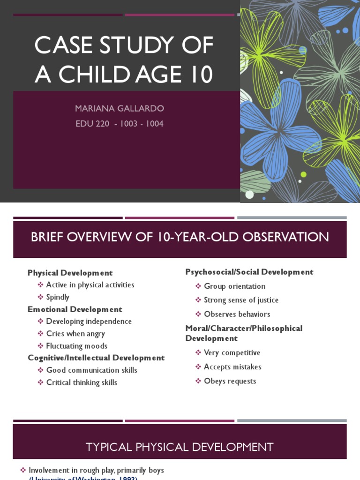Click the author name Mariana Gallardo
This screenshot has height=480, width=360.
click(x=120, y=109)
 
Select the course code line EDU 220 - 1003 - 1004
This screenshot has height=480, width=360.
click(x=120, y=124)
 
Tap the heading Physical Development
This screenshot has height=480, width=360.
click(x=70, y=273)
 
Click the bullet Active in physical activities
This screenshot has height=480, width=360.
click(x=90, y=285)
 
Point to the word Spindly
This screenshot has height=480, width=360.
click(x=58, y=297)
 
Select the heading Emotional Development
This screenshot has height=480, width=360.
click(x=75, y=309)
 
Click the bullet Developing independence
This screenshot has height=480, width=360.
click(x=89, y=322)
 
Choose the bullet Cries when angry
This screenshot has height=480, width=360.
click(x=75, y=334)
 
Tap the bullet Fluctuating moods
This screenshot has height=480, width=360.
click(x=77, y=346)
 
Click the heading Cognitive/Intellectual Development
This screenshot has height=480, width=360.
click(x=96, y=358)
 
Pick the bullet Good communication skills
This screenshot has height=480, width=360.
click(x=91, y=370)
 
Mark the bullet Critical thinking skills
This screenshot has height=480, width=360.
click(x=82, y=382)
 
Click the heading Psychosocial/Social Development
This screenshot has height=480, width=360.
click(x=249, y=272)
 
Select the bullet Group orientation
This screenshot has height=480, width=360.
click(x=234, y=286)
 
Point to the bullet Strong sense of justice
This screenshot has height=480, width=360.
click(x=241, y=300)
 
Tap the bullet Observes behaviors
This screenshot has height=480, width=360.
click(x=237, y=314)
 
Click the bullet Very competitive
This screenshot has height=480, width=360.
click(x=232, y=353)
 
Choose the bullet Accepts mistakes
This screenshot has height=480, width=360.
click(x=232, y=367)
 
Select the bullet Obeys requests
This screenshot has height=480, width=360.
click(x=230, y=381)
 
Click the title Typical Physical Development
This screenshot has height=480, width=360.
click(x=180, y=447)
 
